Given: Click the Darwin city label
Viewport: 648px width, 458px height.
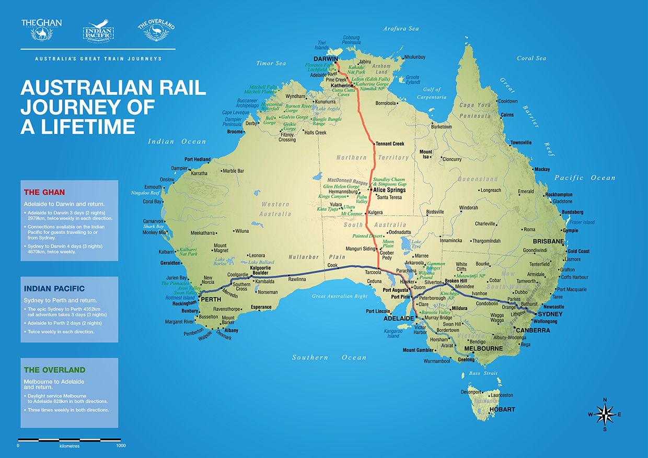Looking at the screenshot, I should tap(325, 59).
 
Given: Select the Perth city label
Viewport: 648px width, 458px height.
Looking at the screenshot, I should tap(211, 300).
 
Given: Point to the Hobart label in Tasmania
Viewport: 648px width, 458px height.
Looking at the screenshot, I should tap(502, 409).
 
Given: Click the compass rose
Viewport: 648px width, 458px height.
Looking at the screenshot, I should tap(605, 415).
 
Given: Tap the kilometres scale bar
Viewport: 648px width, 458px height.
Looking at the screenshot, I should tap(70, 440).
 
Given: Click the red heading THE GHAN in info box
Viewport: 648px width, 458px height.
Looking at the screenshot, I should tap(44, 192).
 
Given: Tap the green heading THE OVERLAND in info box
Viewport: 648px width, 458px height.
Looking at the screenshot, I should tap(54, 370).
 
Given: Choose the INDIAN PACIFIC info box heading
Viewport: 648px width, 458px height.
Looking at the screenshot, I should tap(54, 288).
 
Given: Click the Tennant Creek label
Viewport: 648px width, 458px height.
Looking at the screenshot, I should tap(389, 144).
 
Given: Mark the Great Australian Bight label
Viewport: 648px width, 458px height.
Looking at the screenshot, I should tap(340, 296).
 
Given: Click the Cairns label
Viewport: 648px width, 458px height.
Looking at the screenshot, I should tap(507, 115).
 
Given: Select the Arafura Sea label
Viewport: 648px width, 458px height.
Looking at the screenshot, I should tap(401, 29).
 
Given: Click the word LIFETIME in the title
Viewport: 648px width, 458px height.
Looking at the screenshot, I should tap(78, 127).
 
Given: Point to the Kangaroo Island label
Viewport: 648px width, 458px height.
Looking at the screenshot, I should tap(393, 333).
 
